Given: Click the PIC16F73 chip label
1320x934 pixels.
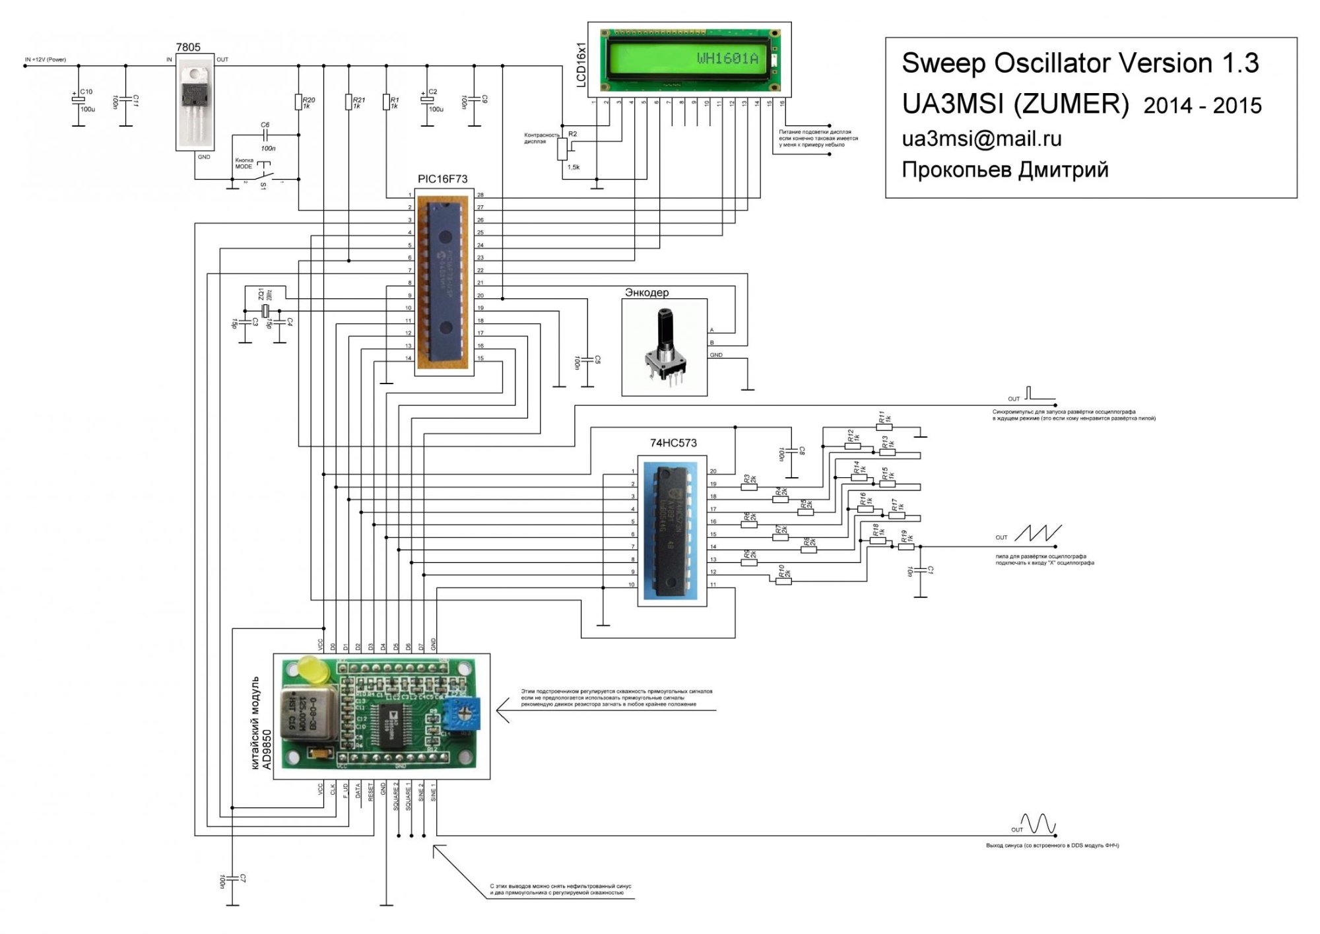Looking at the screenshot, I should [x=442, y=179].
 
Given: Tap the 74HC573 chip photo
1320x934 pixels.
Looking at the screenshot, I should [x=673, y=531].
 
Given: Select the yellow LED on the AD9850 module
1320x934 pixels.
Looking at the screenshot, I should [x=313, y=671].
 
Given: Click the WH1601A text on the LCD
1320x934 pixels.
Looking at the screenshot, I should [x=727, y=59].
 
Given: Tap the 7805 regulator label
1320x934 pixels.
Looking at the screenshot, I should [x=188, y=47].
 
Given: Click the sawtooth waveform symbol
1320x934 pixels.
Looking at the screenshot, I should [x=1038, y=533].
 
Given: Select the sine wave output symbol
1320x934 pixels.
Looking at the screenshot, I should [x=1038, y=823].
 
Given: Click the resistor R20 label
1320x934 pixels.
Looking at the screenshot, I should [x=308, y=100].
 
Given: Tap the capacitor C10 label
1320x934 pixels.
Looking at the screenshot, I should [x=86, y=92].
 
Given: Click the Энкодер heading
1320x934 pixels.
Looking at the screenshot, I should [x=647, y=292].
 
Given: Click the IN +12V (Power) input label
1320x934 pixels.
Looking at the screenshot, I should [x=46, y=59].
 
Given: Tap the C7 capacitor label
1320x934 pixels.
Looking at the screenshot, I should [x=243, y=879].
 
